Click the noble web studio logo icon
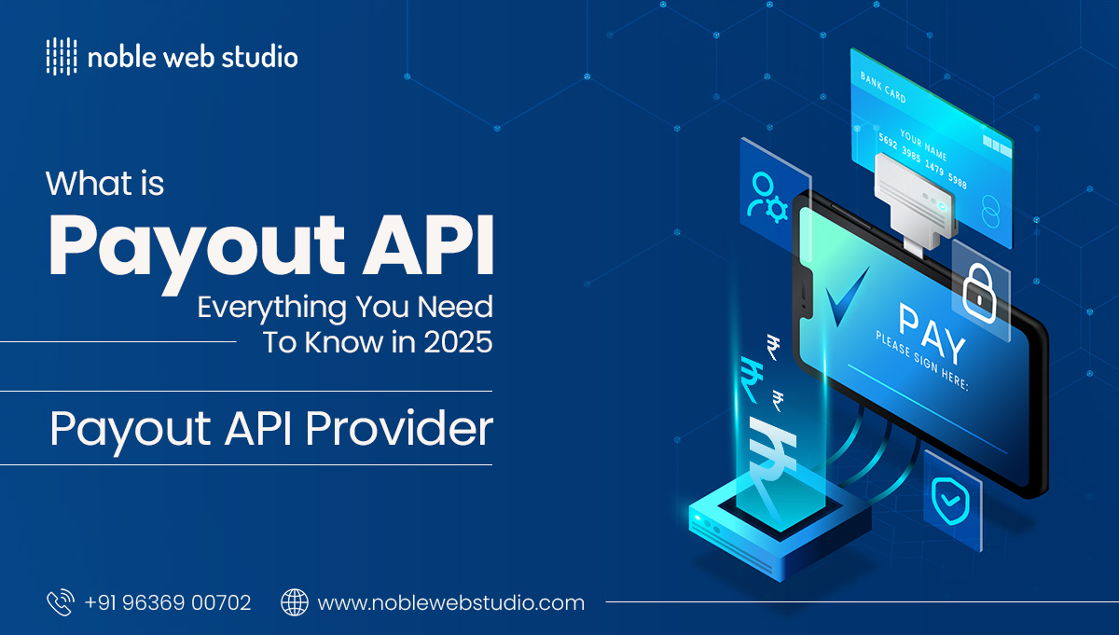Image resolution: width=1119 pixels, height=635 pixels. coord(61,57)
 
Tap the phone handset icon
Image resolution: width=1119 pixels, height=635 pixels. coord(60,602)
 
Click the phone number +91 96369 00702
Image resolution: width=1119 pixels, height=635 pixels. coord(168,603)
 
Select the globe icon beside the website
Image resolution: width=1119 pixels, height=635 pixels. coord(295,602)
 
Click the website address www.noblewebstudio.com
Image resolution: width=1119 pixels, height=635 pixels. coord(451,603)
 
